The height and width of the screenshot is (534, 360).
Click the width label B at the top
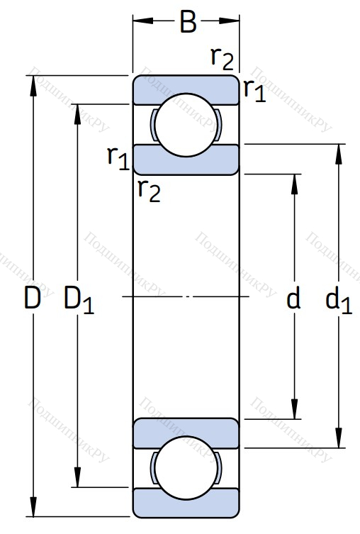tap(189, 22)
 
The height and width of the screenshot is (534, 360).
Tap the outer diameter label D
tap(33, 297)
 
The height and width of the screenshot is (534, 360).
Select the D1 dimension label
tap(79, 300)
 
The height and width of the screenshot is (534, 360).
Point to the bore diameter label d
tap(293, 296)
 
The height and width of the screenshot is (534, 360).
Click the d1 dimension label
tap(339, 299)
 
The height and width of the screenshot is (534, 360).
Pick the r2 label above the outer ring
tap(223, 59)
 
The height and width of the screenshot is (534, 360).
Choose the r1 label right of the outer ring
tap(254, 90)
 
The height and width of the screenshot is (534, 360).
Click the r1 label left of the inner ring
tap(118, 158)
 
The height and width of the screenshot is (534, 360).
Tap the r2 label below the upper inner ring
tap(149, 191)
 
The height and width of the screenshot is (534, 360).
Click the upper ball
tap(186, 125)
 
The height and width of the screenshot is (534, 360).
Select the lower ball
tap(186, 468)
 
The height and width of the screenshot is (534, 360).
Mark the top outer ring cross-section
tap(186, 89)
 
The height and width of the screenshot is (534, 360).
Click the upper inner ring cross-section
tap(186, 160)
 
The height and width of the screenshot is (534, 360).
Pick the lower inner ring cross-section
tap(186, 433)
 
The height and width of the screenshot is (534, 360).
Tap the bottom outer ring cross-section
tap(186, 504)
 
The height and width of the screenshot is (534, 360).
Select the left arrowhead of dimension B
tap(143, 21)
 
